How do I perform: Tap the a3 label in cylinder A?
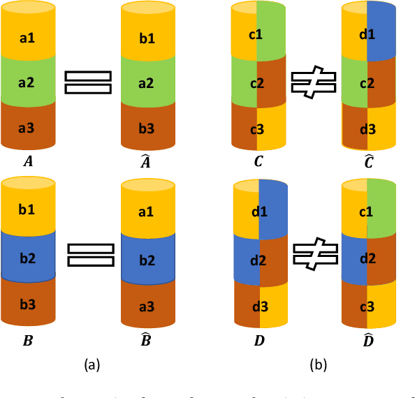click(27, 127)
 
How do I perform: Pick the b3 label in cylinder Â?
click(147, 127)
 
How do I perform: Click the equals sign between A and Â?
click(88, 82)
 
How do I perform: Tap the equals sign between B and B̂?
click(90, 254)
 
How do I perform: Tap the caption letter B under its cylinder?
click(27, 341)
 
